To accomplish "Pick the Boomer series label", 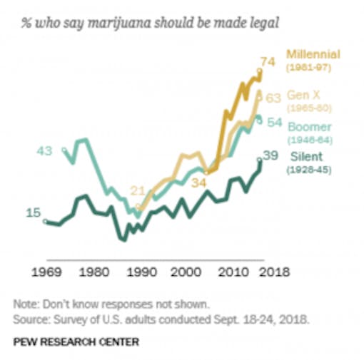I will coord(308,127).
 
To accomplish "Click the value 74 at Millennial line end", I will coord(268,62).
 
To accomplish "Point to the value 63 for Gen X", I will coord(273,97).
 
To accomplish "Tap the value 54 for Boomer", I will coord(274,123).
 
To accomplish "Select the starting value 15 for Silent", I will coord(33,213).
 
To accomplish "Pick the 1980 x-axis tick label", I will coord(92,272).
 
